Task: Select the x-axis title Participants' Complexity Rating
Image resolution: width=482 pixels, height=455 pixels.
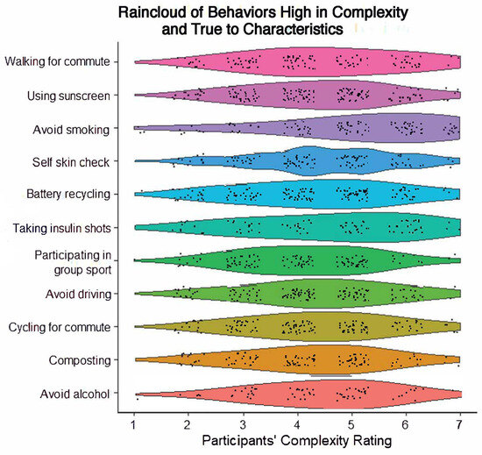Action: click(x=298, y=437)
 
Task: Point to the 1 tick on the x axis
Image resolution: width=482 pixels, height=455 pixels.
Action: click(x=134, y=418)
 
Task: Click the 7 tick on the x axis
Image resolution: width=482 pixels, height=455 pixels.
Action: click(x=461, y=418)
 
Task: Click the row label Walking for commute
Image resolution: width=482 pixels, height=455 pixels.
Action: click(x=69, y=61)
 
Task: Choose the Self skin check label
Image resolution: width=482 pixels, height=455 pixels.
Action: click(x=84, y=161)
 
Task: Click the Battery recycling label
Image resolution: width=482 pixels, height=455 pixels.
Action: click(x=79, y=195)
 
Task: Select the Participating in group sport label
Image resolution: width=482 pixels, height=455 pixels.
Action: click(x=83, y=261)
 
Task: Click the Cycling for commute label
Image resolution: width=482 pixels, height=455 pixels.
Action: click(x=71, y=327)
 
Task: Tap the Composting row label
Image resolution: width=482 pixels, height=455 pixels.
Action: click(x=92, y=360)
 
